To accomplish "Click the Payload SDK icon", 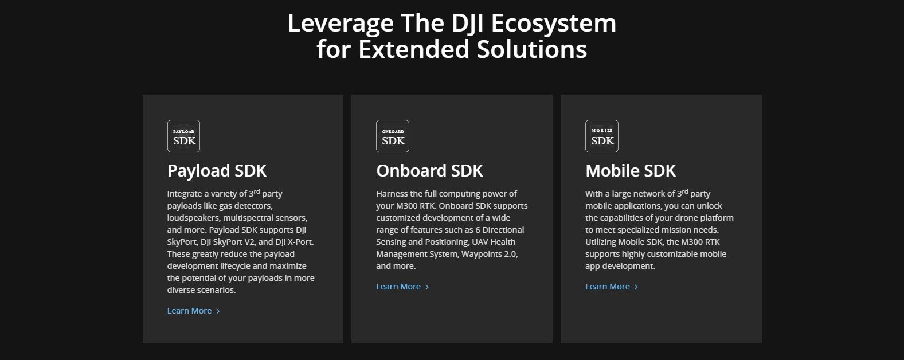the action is point(183,136).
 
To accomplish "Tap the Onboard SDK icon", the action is point(393,136).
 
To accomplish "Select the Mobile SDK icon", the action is point(602,136).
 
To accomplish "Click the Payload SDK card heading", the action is point(217,171).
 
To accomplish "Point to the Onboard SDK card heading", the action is point(429,171).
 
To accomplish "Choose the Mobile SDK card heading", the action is point(631,171).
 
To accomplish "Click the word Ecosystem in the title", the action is point(554,24).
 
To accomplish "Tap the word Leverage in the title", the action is point(341,24).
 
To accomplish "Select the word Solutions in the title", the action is point(532,49).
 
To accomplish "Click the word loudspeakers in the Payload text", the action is point(194,218).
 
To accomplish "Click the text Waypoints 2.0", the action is point(490,255).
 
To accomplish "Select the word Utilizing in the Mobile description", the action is point(601,242).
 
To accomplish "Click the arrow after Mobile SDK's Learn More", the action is point(636,287).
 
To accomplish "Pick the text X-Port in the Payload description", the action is point(300,242).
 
